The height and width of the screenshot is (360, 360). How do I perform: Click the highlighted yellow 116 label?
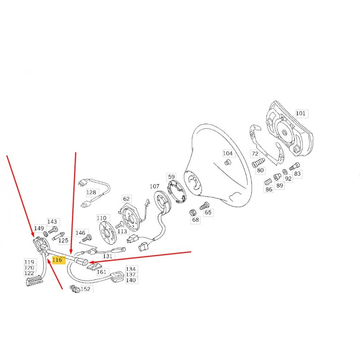[57, 260]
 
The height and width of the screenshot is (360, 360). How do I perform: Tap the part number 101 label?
[301, 113]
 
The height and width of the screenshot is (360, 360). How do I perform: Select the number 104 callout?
[228, 153]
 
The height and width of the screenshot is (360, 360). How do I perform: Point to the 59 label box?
[171, 177]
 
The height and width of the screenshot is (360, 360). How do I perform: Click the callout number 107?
[154, 186]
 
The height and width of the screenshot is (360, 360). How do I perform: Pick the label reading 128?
[91, 193]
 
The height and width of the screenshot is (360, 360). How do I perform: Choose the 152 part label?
[85, 289]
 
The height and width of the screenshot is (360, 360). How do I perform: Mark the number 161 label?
[102, 272]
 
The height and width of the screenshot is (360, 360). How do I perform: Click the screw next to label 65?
[204, 206]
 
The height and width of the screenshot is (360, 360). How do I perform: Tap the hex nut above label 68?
[193, 212]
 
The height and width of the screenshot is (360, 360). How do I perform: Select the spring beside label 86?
[267, 182]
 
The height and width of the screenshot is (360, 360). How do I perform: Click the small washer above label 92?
[285, 171]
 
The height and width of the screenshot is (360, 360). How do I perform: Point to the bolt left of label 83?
[294, 166]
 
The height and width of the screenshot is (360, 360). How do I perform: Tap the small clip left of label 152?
[75, 289]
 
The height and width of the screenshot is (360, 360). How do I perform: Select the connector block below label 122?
[35, 282]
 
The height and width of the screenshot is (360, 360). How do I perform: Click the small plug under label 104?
[227, 162]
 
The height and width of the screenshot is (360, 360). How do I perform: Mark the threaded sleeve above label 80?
[258, 163]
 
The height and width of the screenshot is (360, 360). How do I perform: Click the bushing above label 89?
[277, 177]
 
